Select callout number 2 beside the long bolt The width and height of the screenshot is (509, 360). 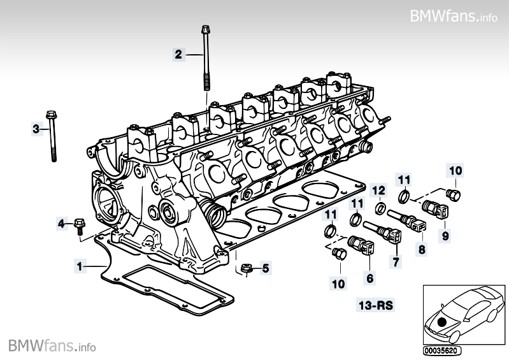[179, 54]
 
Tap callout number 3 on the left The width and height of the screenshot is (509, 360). [36, 129]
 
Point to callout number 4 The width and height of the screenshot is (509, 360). [62, 224]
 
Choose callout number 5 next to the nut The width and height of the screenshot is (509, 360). [266, 268]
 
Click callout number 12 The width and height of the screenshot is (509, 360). [378, 191]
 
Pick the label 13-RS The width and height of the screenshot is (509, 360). [376, 306]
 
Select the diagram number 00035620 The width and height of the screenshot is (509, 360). [441, 350]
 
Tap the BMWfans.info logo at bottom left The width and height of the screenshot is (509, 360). [52, 346]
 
